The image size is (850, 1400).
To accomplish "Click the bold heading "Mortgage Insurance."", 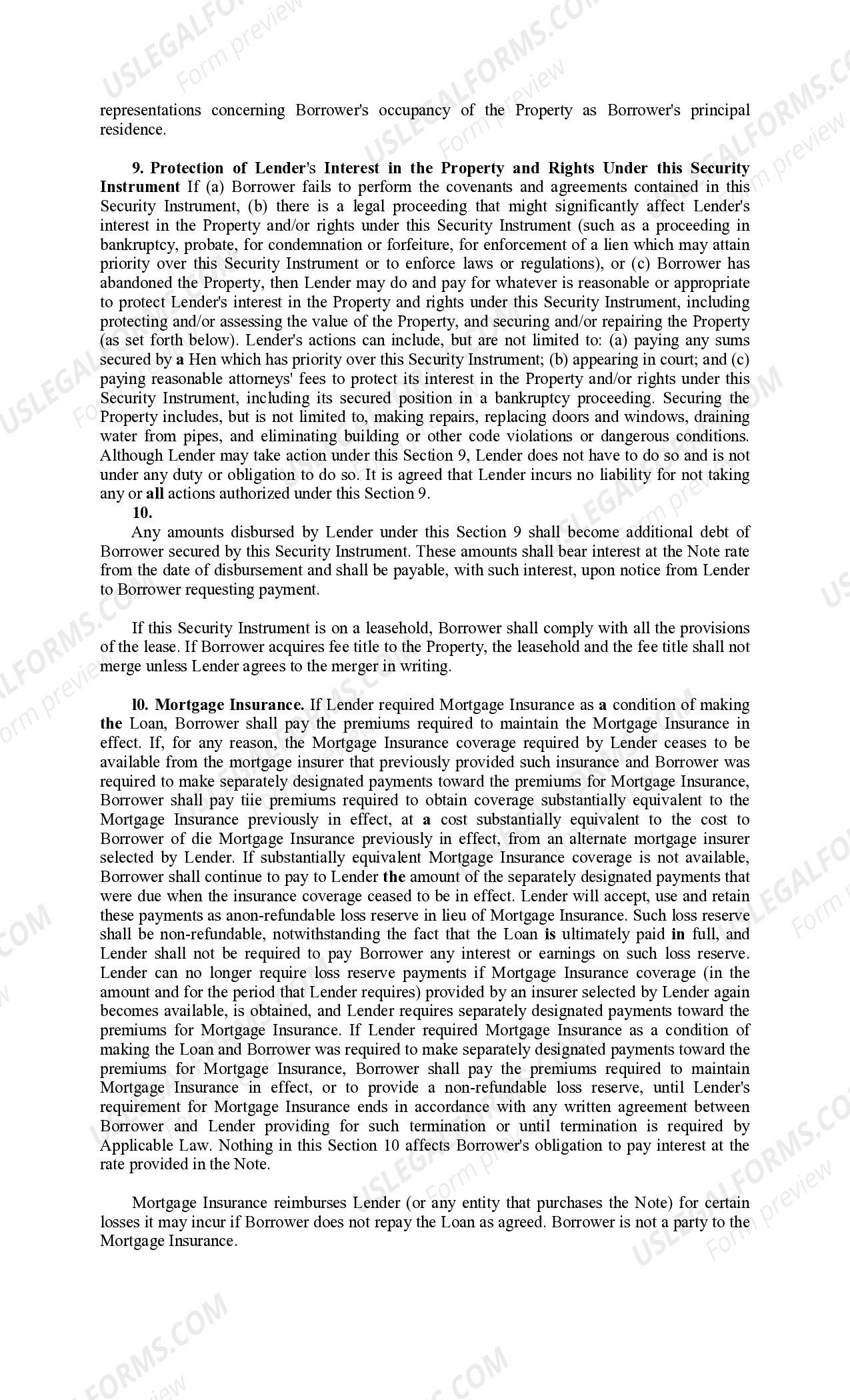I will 229,705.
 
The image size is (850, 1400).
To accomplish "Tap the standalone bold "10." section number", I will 142,513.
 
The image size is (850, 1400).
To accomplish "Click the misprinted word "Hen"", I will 202,360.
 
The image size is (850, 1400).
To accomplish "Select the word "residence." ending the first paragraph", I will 133,129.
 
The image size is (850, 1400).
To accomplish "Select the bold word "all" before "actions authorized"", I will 155,494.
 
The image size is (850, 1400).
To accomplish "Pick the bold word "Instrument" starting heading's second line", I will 139,187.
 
